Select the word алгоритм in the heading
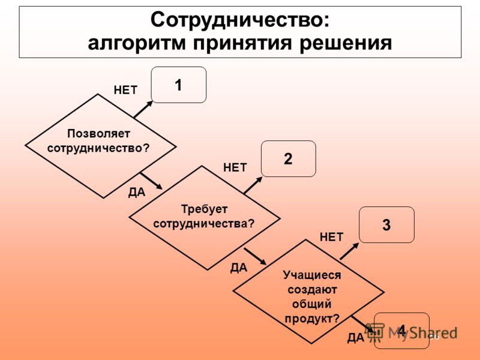[137, 43]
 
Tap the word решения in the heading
[346, 43]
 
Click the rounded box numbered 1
[179, 85]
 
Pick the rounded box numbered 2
[289, 158]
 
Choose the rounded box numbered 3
[386, 224]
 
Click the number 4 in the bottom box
[401, 331]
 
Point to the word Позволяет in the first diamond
[98, 134]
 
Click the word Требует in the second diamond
[204, 209]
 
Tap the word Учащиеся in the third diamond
[311, 275]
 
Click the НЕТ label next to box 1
[125, 91]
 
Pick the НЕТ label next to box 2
[235, 168]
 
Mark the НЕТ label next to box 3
[332, 237]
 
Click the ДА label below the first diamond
[137, 192]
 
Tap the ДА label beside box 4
[356, 338]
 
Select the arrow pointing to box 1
[143, 109]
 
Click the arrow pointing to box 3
[349, 251]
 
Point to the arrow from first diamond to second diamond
[151, 181]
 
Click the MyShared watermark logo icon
[376, 332]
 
